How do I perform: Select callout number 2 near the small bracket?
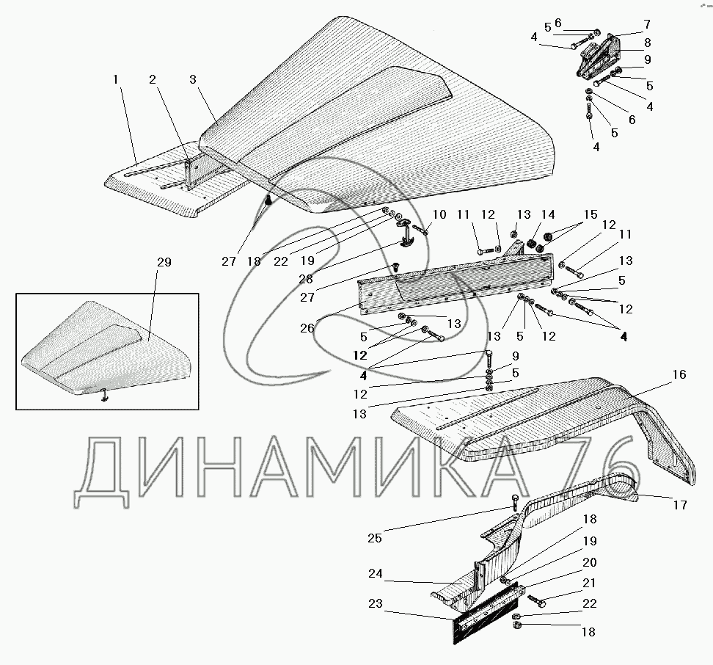153,78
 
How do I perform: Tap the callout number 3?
191,78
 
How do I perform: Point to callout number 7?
646,24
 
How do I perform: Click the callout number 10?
439,214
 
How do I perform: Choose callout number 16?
679,375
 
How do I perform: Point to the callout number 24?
375,573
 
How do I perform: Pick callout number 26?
307,328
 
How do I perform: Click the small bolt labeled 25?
514,504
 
